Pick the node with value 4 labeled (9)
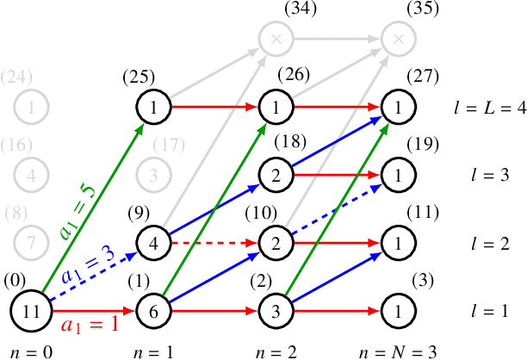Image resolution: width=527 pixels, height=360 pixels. coord(152,242)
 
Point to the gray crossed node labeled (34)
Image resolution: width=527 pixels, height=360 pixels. coord(275,40)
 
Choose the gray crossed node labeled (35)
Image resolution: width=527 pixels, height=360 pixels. coord(397,40)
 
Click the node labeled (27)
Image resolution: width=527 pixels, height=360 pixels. coord(397,108)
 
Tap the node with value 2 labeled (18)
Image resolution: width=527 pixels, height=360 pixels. coord(275,175)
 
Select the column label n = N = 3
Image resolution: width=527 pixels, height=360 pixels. coord(397,351)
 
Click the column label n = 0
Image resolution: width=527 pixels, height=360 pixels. coord(30,351)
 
